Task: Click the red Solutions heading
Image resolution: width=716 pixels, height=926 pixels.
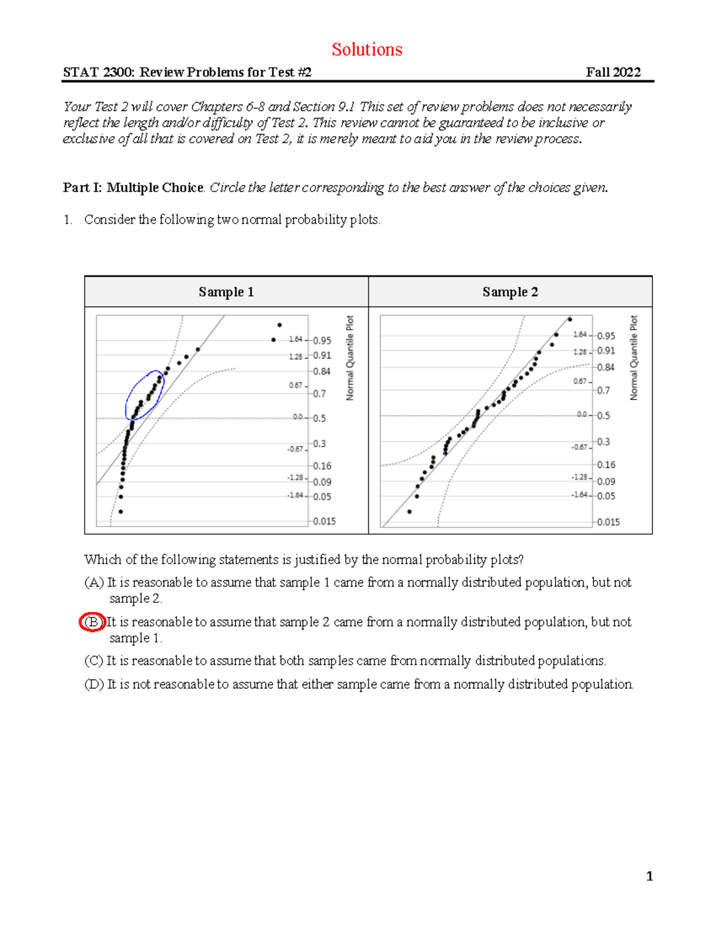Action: (x=367, y=49)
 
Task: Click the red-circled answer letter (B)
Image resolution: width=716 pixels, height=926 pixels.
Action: (x=92, y=622)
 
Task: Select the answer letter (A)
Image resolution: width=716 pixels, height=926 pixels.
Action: (x=94, y=583)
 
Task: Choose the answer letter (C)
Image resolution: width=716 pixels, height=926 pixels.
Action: (x=94, y=661)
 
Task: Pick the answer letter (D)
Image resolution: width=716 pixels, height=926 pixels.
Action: (x=94, y=684)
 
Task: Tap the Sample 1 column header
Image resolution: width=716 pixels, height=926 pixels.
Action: (x=226, y=292)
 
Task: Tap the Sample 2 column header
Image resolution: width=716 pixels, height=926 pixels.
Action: (x=510, y=292)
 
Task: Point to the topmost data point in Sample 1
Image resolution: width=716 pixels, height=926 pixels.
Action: (x=279, y=325)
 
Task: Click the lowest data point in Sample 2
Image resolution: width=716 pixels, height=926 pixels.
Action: (x=409, y=512)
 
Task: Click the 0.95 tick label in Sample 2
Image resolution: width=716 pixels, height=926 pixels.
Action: (x=606, y=336)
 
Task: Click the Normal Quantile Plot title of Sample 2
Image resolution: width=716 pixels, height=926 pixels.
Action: (x=634, y=358)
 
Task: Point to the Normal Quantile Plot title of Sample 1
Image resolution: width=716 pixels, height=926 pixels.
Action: (x=350, y=358)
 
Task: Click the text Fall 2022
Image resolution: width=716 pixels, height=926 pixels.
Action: (x=613, y=72)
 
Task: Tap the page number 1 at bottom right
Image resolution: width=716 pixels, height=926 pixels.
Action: (x=649, y=876)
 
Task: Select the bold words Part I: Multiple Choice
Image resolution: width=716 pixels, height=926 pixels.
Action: (x=133, y=187)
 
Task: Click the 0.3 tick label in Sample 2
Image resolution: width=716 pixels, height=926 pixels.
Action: (x=603, y=442)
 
